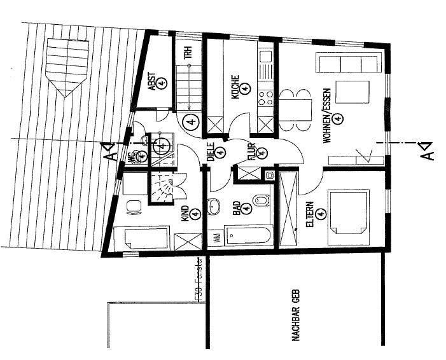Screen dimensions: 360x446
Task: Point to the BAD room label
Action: (x=236, y=209)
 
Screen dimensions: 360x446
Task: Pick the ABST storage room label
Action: (x=153, y=81)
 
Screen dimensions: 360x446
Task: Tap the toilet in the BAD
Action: (x=261, y=202)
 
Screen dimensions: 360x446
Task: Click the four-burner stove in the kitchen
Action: (x=265, y=99)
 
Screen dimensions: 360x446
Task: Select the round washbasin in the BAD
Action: (x=214, y=205)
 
